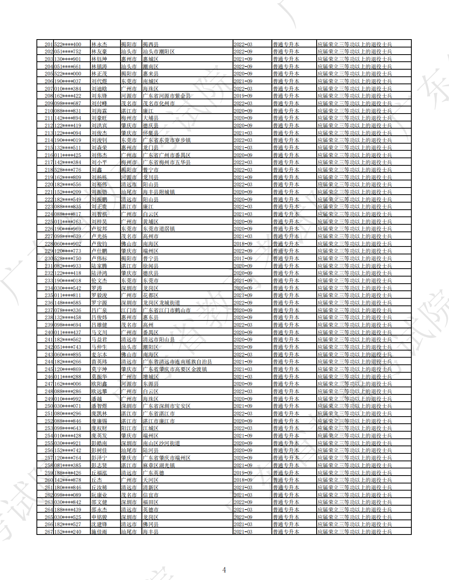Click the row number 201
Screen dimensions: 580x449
(x=49, y=44)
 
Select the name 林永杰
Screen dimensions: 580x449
(x=99, y=44)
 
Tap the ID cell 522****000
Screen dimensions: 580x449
(x=68, y=74)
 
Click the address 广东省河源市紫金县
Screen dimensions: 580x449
(x=166, y=96)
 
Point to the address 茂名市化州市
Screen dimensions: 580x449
(x=159, y=103)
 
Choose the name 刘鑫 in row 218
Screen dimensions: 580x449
(x=97, y=170)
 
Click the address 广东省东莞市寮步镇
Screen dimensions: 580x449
(x=166, y=140)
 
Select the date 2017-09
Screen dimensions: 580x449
(x=243, y=258)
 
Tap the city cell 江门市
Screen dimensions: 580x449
(x=129, y=310)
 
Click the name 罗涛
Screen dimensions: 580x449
(x=97, y=288)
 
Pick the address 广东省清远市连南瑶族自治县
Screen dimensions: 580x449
(x=177, y=362)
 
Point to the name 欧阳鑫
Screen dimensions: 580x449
(x=99, y=384)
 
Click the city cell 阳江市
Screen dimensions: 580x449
(x=129, y=428)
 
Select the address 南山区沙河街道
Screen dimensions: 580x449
(x=161, y=443)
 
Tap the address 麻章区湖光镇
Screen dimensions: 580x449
(x=159, y=465)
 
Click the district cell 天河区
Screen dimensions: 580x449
(x=151, y=480)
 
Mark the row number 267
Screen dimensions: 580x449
(x=49, y=532)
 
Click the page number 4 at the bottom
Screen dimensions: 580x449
(x=224, y=570)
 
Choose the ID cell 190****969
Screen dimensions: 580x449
(x=68, y=229)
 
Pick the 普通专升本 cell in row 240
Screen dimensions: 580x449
(x=286, y=332)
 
